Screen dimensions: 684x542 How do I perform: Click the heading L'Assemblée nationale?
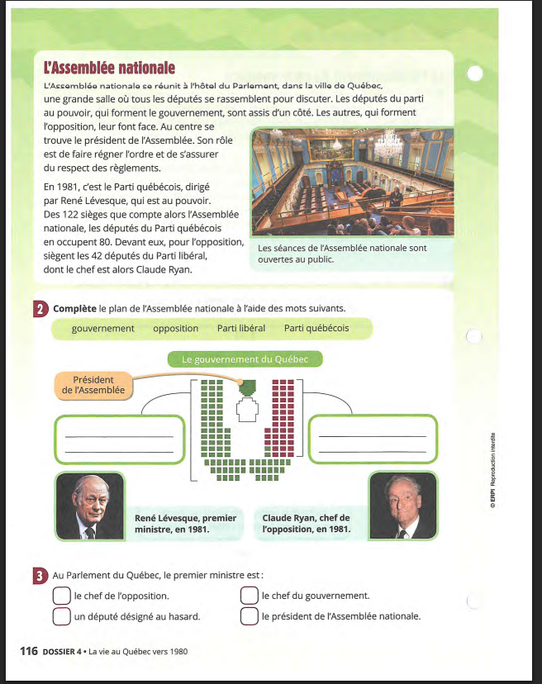pos(109,67)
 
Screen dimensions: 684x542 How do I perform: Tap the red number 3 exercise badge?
pos(40,575)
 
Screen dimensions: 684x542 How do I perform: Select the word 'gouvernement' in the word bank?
pos(102,329)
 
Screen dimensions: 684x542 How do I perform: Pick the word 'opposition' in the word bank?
pos(175,329)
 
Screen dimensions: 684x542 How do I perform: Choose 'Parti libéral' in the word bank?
pos(241,329)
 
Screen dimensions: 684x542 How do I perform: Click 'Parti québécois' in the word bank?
pos(316,329)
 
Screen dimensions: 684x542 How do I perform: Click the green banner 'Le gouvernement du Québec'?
pos(245,359)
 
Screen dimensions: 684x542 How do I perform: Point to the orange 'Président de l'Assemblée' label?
pos(93,385)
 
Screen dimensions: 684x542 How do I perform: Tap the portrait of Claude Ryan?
pos(403,506)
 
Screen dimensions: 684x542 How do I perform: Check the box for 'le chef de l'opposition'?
pos(61,596)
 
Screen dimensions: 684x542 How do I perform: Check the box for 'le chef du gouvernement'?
pos(250,596)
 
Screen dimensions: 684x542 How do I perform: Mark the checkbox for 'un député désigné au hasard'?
pos(61,616)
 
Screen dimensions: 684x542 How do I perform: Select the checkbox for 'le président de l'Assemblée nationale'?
pos(250,616)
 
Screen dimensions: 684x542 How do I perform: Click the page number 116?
pos(29,651)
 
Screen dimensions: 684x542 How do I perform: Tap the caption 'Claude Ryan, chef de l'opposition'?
pos(306,524)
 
